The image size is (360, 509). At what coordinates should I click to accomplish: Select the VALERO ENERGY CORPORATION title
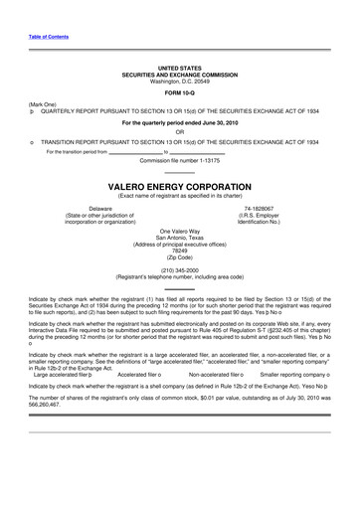coord(179,186)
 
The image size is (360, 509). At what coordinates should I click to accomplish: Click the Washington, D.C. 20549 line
coord(179,79)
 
